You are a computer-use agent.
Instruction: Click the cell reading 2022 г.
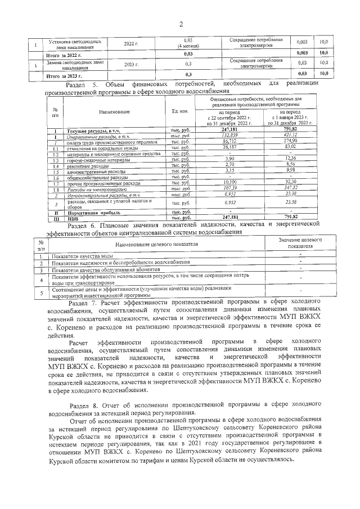pyautogui.click(x=131, y=43)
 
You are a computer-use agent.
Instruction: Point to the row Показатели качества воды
pyautogui.click(x=78, y=256)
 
